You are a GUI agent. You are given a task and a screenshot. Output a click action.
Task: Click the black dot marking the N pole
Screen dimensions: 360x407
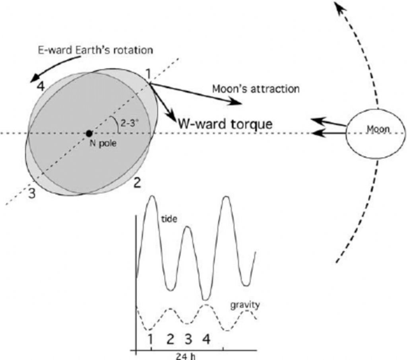tap(89, 133)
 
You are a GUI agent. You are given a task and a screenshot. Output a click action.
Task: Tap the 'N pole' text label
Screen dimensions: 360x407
tap(103, 144)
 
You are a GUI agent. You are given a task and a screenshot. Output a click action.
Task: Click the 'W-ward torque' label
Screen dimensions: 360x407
tap(225, 124)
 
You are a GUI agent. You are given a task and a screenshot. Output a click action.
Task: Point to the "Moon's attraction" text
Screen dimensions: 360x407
tap(256, 88)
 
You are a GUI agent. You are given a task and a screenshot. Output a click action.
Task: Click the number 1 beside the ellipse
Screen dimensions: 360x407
tap(148, 74)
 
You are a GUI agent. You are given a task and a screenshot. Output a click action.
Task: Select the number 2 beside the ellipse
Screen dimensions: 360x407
tap(137, 183)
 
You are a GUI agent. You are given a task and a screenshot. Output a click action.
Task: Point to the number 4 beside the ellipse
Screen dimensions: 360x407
tap(40, 86)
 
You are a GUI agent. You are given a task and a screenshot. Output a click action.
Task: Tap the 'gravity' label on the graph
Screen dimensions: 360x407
tap(245, 305)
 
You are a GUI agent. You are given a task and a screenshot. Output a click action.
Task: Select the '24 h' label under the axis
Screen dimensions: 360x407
tap(186, 356)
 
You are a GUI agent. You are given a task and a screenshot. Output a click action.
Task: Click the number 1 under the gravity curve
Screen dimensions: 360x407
tap(150, 339)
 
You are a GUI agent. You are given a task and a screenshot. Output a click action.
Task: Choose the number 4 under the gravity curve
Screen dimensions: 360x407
tap(206, 339)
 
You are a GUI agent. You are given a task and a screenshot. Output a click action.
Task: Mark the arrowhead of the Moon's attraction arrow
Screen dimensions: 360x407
tap(238, 103)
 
